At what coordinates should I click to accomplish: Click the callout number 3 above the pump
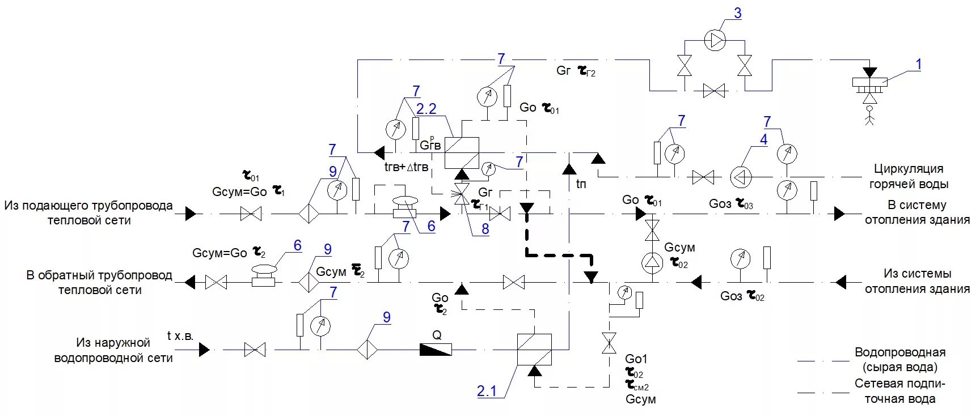coord(737,13)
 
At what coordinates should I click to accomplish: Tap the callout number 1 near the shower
coord(918,65)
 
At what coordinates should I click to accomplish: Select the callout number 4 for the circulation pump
coord(763,139)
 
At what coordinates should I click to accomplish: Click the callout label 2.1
coord(487,390)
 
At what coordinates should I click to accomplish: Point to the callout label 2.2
coord(426,109)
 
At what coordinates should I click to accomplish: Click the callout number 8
coord(485,229)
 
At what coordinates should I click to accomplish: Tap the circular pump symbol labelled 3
coord(715,40)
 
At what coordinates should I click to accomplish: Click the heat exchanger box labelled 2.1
coord(534,349)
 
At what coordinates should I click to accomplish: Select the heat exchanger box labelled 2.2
coord(462,153)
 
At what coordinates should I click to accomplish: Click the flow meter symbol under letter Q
coord(436,350)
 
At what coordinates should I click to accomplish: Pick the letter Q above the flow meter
coord(437,335)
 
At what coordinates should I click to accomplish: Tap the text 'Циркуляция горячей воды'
coord(909,176)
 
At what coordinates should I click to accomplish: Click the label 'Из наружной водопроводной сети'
coord(113,350)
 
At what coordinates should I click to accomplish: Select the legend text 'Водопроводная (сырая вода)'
coord(899,359)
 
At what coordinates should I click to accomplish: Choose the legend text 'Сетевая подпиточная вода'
coord(899,391)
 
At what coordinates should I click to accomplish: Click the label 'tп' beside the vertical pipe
coord(581,184)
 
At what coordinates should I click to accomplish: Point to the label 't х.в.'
coord(180,336)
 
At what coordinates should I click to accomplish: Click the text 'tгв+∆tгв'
coord(406,167)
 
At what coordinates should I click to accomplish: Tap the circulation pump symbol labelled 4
coord(740,177)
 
